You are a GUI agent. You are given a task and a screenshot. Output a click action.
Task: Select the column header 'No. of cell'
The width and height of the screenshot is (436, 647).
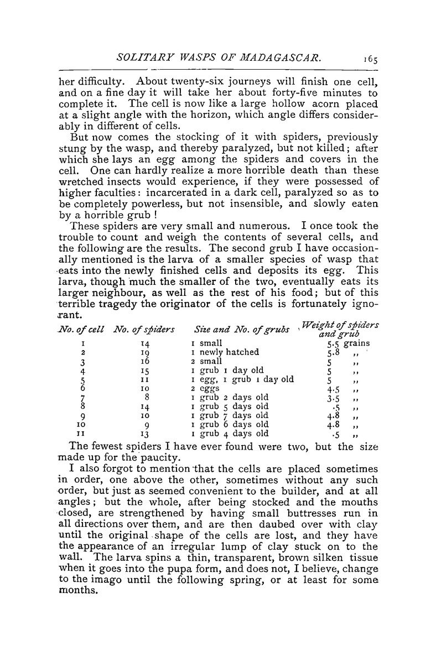81,331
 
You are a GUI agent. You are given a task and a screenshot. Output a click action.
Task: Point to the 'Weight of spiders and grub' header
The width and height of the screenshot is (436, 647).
346,330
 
